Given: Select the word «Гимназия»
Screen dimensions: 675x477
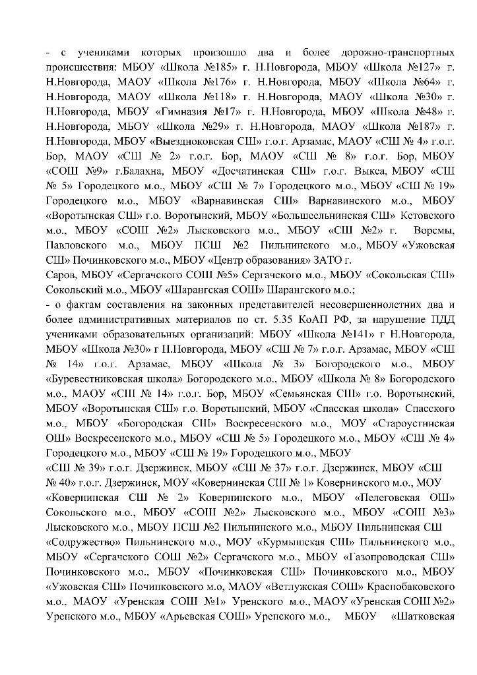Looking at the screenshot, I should click(185, 111).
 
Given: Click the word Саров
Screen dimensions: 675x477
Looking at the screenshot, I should click(60, 270).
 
